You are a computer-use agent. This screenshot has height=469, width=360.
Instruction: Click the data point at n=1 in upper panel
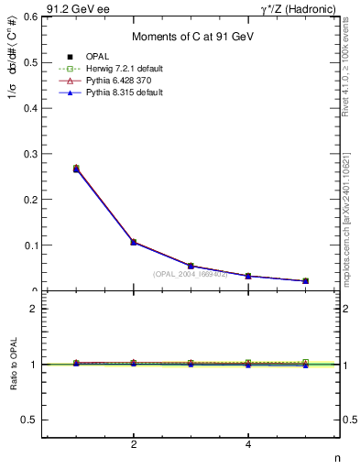point(76,169)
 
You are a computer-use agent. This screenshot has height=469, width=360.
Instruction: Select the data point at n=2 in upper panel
point(134,242)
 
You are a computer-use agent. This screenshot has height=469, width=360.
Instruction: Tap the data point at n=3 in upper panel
point(191,266)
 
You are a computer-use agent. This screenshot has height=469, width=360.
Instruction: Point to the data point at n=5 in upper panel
point(305,280)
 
